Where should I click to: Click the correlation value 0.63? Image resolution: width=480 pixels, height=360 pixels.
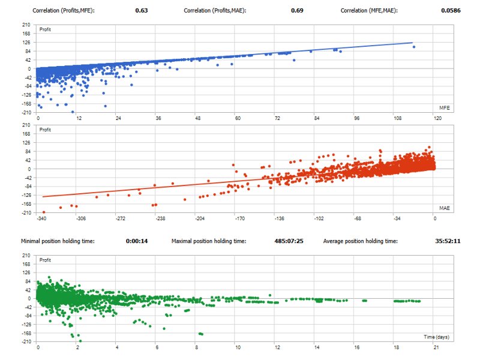142,11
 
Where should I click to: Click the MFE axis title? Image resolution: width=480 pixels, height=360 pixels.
445,108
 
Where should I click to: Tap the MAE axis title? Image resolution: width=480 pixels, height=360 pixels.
445,208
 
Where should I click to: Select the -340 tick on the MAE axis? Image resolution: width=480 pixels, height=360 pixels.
41,218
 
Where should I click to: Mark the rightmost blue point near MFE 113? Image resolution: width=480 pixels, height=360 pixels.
414,47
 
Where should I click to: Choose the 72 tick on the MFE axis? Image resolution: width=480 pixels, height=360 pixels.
277,119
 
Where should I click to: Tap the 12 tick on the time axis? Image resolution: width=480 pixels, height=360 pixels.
277,348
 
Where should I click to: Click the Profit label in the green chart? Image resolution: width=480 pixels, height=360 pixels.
45,260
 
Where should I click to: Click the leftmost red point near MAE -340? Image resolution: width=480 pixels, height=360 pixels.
44,212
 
